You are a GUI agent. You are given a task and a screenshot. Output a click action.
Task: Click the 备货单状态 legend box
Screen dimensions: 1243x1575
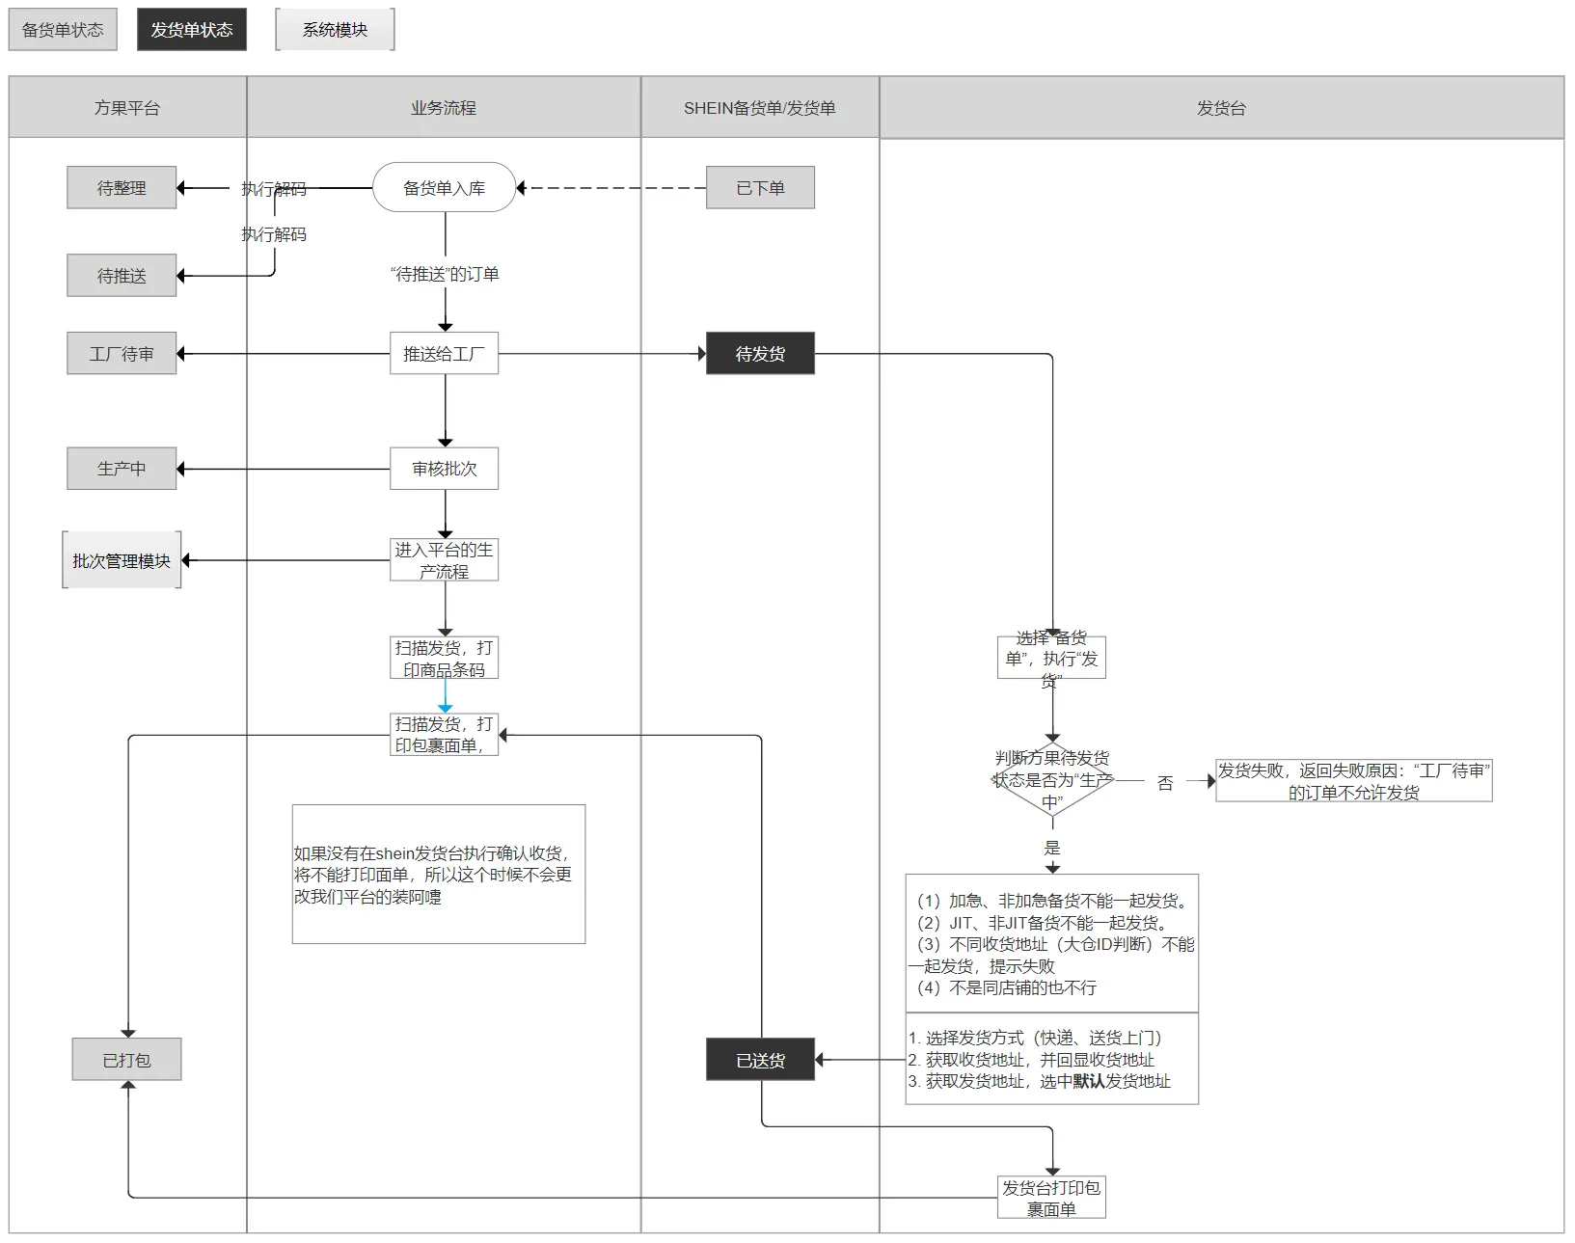pos(63,30)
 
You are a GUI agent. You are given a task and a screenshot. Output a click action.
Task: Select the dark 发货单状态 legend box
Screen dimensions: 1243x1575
pos(191,30)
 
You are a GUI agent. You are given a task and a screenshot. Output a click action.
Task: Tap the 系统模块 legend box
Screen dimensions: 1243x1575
pos(335,30)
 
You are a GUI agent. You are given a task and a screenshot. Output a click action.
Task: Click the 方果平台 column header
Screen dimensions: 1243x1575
pos(127,108)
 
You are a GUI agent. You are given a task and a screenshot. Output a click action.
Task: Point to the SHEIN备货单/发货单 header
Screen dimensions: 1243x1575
pos(759,108)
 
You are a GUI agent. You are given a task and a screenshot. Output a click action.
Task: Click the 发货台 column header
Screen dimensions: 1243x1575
pos(1221,108)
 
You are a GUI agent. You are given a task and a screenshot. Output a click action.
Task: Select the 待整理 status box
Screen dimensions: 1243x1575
pos(122,188)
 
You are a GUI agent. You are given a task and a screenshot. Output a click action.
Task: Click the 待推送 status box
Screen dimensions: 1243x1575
pos(122,276)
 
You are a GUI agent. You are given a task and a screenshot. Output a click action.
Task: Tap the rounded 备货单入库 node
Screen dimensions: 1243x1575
pos(444,188)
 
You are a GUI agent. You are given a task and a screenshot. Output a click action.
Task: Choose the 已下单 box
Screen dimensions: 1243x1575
pos(760,188)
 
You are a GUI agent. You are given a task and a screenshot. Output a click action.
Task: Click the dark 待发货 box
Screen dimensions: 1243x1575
pos(760,354)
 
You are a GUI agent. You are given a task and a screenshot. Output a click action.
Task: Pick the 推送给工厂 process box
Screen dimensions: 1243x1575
pos(444,354)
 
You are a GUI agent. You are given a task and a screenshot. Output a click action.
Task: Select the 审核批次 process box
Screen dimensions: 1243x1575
pos(444,469)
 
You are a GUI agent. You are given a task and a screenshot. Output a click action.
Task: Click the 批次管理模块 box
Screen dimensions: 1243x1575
pos(122,560)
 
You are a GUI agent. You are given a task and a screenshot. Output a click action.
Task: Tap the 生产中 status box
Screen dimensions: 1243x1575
pos(122,469)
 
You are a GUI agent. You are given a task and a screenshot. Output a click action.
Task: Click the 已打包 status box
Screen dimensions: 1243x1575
pos(126,1060)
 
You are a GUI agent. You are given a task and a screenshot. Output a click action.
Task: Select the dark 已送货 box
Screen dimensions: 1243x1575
pos(760,1060)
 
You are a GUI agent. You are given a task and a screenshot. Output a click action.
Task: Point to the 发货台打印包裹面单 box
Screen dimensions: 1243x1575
pos(1051,1198)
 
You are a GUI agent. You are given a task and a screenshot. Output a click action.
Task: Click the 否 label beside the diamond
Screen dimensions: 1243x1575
pos(1165,783)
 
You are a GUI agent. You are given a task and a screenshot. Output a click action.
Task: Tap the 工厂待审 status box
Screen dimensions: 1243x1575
pos(122,354)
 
